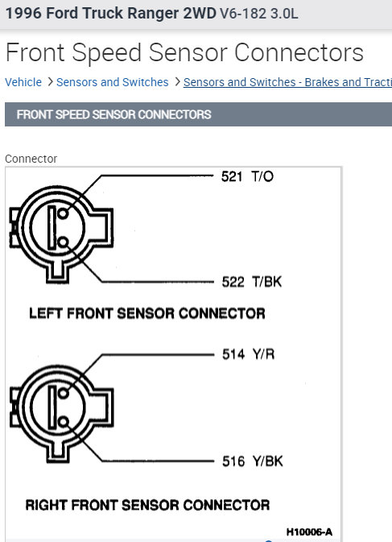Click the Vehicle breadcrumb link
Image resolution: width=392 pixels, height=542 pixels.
pos(23,82)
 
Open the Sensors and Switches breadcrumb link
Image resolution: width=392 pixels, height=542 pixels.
pos(112,82)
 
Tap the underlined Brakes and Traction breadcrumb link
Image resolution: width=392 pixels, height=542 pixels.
pos(287,82)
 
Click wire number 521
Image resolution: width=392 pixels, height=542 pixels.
pos(231,176)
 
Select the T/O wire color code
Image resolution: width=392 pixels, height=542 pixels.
pos(262,176)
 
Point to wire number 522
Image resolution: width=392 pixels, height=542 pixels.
pos(233,282)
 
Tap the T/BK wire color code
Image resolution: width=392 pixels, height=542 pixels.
pos(267,282)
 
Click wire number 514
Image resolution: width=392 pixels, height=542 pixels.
pos(233,354)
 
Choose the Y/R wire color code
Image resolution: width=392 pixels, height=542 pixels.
pos(263,354)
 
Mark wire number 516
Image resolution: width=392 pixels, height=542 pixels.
pos(233,461)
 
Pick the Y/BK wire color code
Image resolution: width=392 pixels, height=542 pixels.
pos(268,461)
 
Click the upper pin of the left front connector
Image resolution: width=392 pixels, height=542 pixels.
pos(63,213)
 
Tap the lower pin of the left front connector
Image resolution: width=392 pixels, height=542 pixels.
pos(63,242)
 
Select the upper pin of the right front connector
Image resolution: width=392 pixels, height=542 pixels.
pos(63,393)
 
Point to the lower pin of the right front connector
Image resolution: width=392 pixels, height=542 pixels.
pos(63,422)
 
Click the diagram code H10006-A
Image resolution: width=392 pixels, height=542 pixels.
pos(309,532)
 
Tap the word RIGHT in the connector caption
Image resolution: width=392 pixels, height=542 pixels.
pos(46,505)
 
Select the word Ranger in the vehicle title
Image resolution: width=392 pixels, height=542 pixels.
pos(154,14)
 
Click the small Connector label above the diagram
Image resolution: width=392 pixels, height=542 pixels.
pos(31,159)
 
